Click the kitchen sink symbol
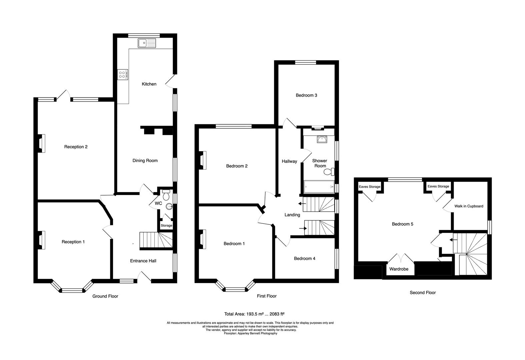147,43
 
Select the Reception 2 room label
76,147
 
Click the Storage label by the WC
166,226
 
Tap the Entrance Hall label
143,261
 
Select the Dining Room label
145,161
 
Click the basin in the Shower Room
322,139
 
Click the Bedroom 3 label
306,95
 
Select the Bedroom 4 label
304,258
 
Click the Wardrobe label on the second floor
399,269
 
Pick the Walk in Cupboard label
469,206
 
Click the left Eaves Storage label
369,187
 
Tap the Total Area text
254,314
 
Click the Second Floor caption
422,293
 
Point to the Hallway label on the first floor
289,161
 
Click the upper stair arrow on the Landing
302,203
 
